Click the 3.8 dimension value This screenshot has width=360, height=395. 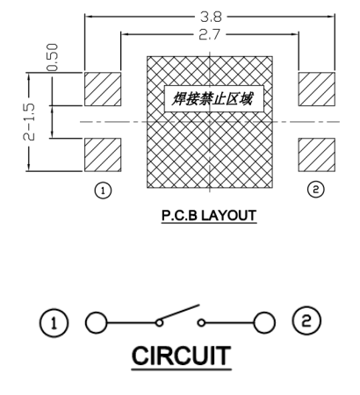(211, 17)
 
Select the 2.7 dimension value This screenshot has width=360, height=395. (209, 35)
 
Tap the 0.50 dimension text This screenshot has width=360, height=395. (53, 57)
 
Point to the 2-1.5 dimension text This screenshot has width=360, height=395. (29, 122)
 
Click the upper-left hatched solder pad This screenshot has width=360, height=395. (103, 89)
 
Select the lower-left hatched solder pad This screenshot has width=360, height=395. (103, 154)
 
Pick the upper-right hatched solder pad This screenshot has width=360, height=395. (317, 89)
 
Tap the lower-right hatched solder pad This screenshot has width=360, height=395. (317, 154)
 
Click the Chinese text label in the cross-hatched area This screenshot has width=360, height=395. (212, 98)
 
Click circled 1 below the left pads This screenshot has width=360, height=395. (103, 190)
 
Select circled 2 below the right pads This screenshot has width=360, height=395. (315, 190)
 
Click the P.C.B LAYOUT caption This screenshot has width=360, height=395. (209, 216)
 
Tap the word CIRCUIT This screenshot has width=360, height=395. (182, 355)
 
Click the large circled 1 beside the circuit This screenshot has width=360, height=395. (54, 323)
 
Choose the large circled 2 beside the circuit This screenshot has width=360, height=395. (306, 320)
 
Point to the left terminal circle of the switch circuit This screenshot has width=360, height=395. (96, 323)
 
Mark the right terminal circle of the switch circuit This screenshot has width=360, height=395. (264, 323)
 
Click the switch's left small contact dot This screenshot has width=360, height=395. (159, 323)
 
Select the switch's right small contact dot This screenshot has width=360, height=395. (201, 323)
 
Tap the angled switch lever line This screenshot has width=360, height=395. (178, 312)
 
